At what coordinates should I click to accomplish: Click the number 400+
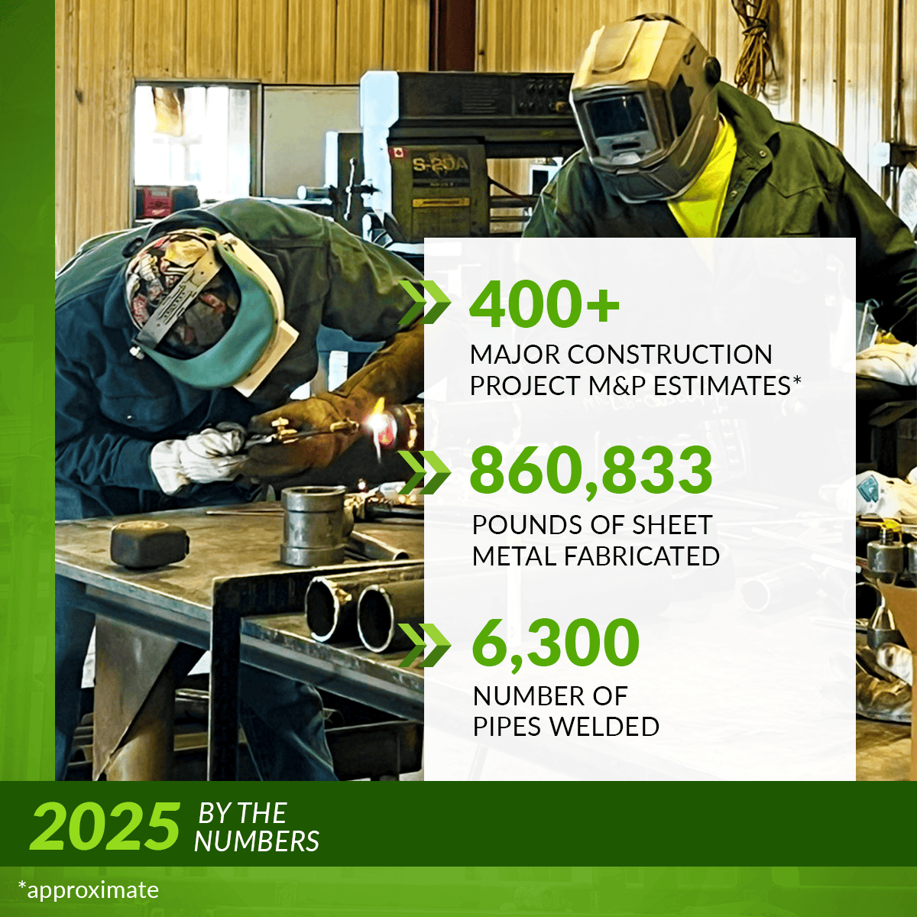(544, 303)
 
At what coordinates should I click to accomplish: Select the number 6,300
(556, 643)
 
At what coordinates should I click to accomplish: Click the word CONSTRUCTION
(669, 355)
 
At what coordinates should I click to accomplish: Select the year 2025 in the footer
(105, 827)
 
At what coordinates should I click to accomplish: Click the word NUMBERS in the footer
(257, 841)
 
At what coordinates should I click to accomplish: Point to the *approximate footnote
(88, 890)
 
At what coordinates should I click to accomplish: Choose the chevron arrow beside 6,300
(425, 645)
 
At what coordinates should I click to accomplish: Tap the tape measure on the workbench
(150, 543)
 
